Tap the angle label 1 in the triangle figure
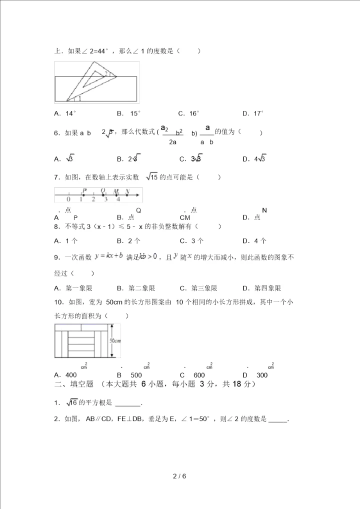click(x=79, y=98)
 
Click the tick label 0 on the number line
click(x=68, y=199)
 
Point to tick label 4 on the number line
click(x=118, y=199)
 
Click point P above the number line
click(x=84, y=190)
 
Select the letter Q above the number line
click(x=103, y=190)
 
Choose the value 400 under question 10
click(x=71, y=375)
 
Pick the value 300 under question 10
click(x=261, y=375)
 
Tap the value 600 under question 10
click(x=199, y=375)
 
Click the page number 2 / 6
click(x=179, y=476)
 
